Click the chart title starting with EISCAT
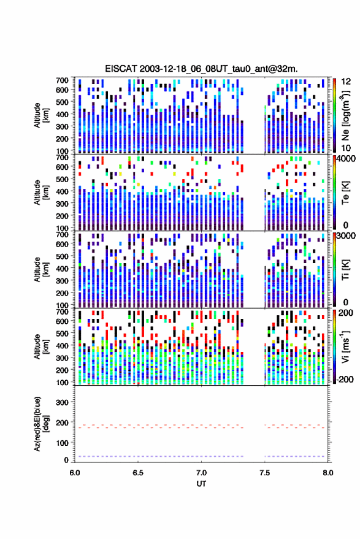pyautogui.click(x=202, y=69)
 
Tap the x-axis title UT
pyautogui.click(x=201, y=484)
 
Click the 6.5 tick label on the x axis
pyautogui.click(x=138, y=473)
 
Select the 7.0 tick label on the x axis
pyautogui.click(x=201, y=473)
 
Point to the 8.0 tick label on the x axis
pyautogui.click(x=327, y=473)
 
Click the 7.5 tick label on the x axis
pyautogui.click(x=264, y=473)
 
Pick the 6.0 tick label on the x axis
pyautogui.click(x=75, y=473)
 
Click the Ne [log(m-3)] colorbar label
pyautogui.click(x=345, y=115)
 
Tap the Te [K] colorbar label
pyautogui.click(x=345, y=193)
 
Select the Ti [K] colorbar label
pyautogui.click(x=345, y=270)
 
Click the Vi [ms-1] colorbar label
pyautogui.click(x=345, y=346)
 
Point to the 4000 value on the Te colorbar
pyautogui.click(x=347, y=159)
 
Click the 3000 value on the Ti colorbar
pyautogui.click(x=347, y=236)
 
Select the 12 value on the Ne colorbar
pyautogui.click(x=345, y=82)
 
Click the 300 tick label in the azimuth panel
pyautogui.click(x=62, y=402)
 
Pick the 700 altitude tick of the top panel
pyautogui.click(x=62, y=80)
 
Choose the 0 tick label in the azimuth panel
pyautogui.click(x=66, y=460)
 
